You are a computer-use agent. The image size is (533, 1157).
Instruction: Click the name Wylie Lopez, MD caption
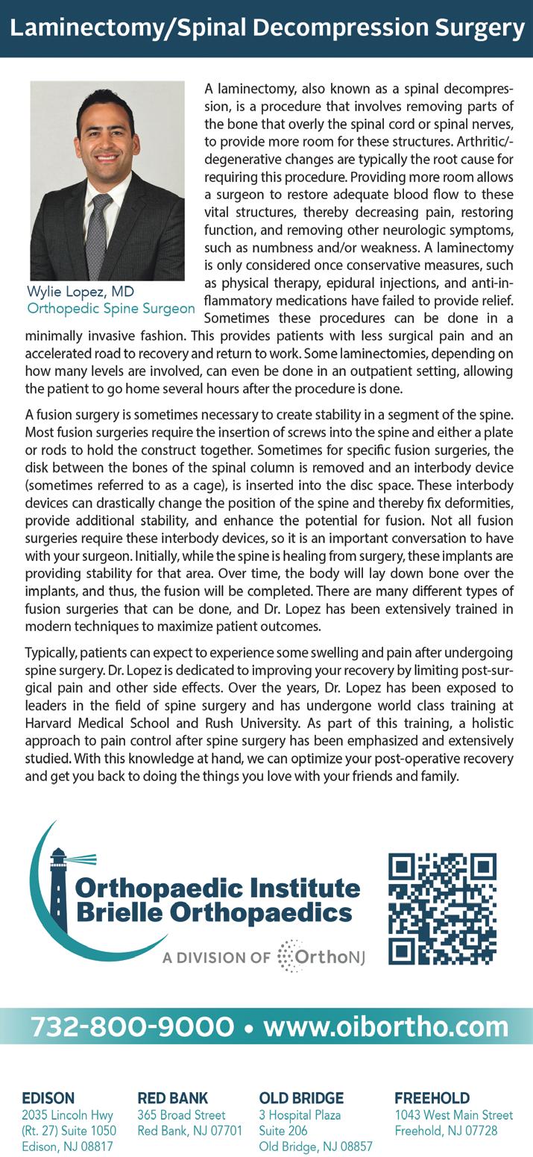click(81, 292)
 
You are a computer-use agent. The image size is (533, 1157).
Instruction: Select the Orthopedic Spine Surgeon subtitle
click(111, 308)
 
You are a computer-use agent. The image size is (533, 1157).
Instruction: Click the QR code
click(442, 909)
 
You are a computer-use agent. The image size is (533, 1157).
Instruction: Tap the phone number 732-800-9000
click(132, 1026)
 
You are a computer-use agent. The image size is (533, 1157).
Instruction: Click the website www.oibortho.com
click(386, 1026)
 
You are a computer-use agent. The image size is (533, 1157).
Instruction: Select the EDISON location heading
click(48, 1098)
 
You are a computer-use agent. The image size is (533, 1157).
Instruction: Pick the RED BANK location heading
click(172, 1098)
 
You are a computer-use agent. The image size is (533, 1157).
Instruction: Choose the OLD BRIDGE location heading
click(301, 1098)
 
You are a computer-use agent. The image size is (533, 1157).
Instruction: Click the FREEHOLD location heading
click(432, 1098)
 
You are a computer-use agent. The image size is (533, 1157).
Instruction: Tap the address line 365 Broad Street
click(181, 1115)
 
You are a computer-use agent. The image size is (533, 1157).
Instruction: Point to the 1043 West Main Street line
click(453, 1115)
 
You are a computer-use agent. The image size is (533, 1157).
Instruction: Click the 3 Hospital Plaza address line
click(300, 1115)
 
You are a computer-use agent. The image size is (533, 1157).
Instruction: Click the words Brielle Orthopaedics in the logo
click(213, 912)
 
